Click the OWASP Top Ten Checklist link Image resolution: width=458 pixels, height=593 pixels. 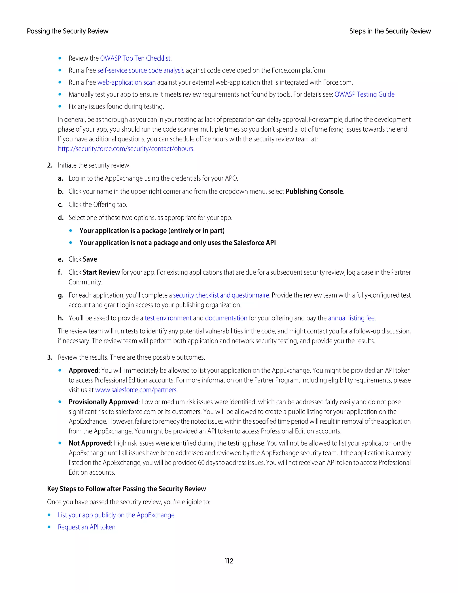135,58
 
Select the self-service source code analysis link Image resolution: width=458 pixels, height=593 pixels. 140,70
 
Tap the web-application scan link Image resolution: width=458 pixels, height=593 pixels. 126,82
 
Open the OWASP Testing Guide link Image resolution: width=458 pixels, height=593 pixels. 364,94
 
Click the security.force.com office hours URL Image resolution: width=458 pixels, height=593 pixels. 125,149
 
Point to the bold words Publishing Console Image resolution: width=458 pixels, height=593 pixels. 314,191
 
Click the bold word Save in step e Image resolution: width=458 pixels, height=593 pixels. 90,259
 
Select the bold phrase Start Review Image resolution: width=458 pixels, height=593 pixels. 101,272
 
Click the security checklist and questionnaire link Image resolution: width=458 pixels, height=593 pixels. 221,295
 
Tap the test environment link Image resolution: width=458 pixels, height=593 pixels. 168,318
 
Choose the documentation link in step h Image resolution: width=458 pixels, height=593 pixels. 226,318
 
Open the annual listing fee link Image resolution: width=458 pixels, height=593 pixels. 351,318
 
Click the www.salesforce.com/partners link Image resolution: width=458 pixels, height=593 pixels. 136,390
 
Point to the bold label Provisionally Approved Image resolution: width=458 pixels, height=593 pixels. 103,402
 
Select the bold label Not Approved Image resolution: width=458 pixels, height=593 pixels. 89,443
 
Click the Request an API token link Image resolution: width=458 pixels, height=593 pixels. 87,527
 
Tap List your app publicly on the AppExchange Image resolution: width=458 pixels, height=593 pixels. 116,515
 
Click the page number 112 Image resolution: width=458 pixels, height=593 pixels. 229,561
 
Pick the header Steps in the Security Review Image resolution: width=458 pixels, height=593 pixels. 390,31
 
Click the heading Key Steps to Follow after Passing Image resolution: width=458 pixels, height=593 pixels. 126,489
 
